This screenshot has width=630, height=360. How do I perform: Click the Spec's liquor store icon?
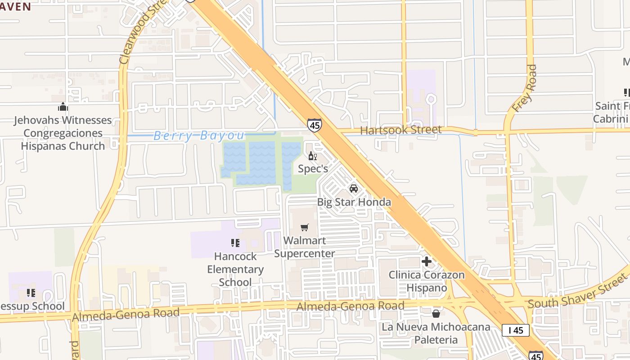(x=312, y=156)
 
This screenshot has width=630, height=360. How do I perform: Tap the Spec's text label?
(x=313, y=169)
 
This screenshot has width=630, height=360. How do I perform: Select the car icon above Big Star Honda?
(x=354, y=189)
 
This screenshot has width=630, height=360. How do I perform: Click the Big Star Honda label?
(x=354, y=202)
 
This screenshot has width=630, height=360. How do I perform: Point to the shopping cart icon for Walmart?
(x=305, y=228)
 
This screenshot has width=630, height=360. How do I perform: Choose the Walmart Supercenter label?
(x=305, y=247)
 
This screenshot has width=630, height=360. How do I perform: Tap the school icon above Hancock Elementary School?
(x=235, y=243)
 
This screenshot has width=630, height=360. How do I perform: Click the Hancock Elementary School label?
(x=235, y=269)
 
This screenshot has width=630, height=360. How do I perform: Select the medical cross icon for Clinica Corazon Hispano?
(x=427, y=261)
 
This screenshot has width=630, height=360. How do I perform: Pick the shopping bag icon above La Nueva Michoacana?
(x=436, y=314)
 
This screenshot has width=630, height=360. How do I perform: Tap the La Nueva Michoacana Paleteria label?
(x=436, y=333)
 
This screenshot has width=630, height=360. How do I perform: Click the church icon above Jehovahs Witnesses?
(x=63, y=107)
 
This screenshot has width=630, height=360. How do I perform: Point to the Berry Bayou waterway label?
(x=199, y=135)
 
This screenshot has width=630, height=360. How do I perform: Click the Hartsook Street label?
(x=401, y=130)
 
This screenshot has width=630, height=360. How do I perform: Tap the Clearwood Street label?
(x=139, y=32)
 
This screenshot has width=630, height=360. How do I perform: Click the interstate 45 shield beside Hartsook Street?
(x=315, y=125)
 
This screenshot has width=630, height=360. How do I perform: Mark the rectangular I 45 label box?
(x=515, y=330)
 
